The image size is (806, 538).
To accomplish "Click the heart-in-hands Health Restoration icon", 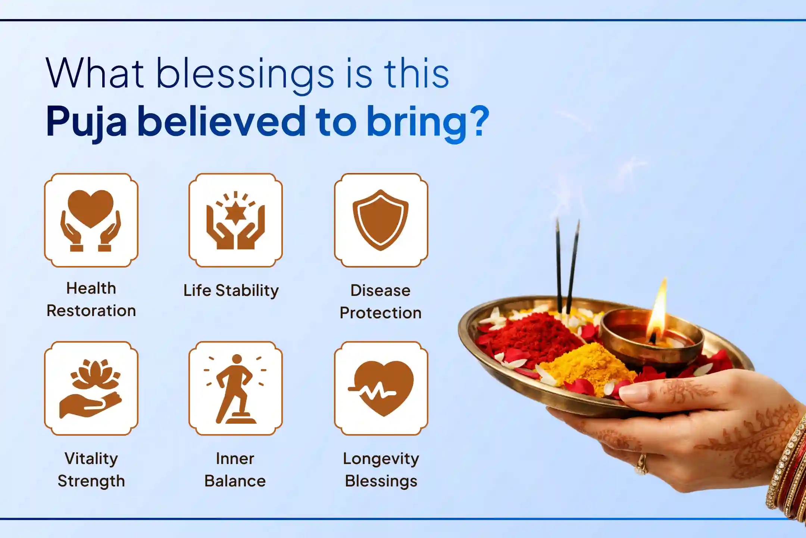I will click(x=91, y=220).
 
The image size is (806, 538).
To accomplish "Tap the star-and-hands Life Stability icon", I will click(x=235, y=220).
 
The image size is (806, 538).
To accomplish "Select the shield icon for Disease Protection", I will click(x=381, y=220).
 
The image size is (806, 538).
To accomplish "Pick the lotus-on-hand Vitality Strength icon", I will click(x=91, y=388).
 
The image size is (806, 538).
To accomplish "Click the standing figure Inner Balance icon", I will click(x=235, y=388).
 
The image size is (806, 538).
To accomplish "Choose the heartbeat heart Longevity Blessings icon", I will click(x=381, y=388).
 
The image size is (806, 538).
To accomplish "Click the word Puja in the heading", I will click(x=87, y=122).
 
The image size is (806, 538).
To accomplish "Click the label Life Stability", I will click(x=231, y=291).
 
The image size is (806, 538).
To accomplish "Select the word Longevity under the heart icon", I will click(x=381, y=459).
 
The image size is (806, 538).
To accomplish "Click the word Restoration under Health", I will click(x=91, y=311).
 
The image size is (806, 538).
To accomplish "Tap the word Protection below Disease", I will click(x=381, y=313).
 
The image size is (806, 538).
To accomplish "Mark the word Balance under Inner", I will click(x=235, y=481).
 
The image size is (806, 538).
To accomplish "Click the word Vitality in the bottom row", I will click(x=91, y=459).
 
